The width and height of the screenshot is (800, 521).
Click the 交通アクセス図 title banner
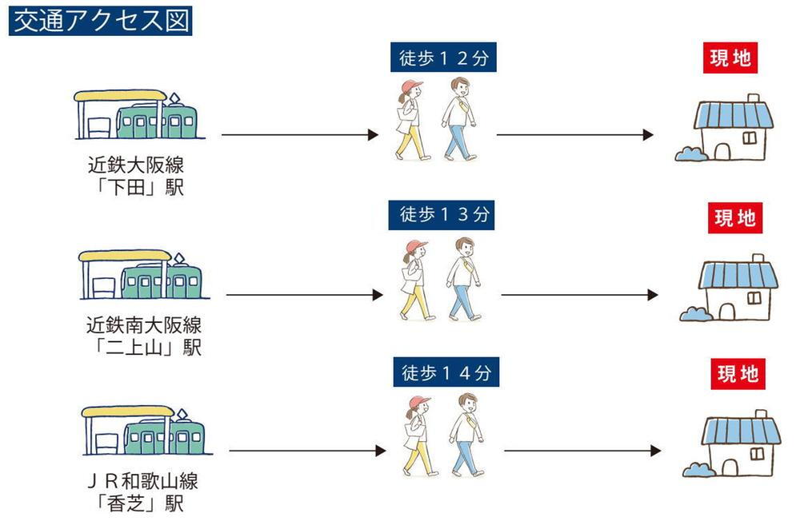100,22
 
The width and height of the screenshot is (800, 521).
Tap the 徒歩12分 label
443,57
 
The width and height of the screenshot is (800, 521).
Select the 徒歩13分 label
442,215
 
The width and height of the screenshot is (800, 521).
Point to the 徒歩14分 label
446,372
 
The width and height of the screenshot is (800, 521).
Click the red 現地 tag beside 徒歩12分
730,58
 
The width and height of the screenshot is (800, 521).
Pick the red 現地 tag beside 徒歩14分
738,374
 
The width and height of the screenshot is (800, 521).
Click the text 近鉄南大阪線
144,324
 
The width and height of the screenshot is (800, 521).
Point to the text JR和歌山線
143,481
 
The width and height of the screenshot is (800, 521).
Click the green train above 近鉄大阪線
156,121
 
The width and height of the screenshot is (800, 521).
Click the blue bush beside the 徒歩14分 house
698,470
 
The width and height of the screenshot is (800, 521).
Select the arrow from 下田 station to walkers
299,134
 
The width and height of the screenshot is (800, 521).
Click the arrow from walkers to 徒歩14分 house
582,451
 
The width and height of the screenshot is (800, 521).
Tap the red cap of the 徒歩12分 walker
410,86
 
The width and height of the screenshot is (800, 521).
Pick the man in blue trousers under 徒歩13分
462,279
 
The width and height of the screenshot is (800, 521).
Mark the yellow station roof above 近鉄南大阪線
125,256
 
